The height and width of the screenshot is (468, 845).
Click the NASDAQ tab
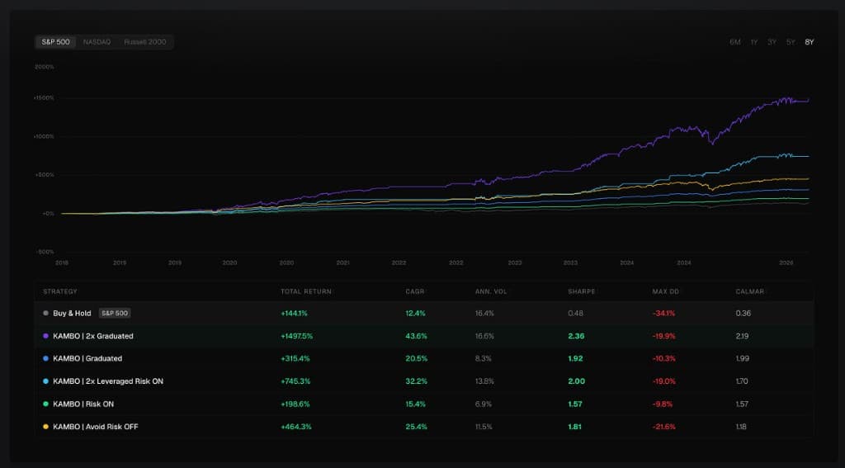pyautogui.click(x=97, y=41)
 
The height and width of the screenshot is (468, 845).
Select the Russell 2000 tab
pyautogui.click(x=144, y=41)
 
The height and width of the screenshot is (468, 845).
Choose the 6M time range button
pyautogui.click(x=734, y=41)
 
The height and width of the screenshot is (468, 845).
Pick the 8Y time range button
pyautogui.click(x=809, y=41)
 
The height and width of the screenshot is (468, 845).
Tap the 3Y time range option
pyautogui.click(x=772, y=41)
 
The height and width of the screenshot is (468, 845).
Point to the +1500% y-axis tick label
pyautogui.click(x=44, y=97)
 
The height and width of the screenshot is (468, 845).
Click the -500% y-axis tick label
pyautogui.click(x=45, y=252)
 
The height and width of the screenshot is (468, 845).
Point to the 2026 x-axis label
pyautogui.click(x=786, y=263)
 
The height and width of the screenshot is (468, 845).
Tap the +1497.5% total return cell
pyautogui.click(x=297, y=336)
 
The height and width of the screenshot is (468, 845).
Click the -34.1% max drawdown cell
pyautogui.click(x=663, y=313)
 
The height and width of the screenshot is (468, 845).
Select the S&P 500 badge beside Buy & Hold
pyautogui.click(x=115, y=313)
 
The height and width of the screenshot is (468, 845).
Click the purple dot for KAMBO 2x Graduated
pyautogui.click(x=45, y=336)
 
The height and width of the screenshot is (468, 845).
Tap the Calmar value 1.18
pyautogui.click(x=744, y=427)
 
